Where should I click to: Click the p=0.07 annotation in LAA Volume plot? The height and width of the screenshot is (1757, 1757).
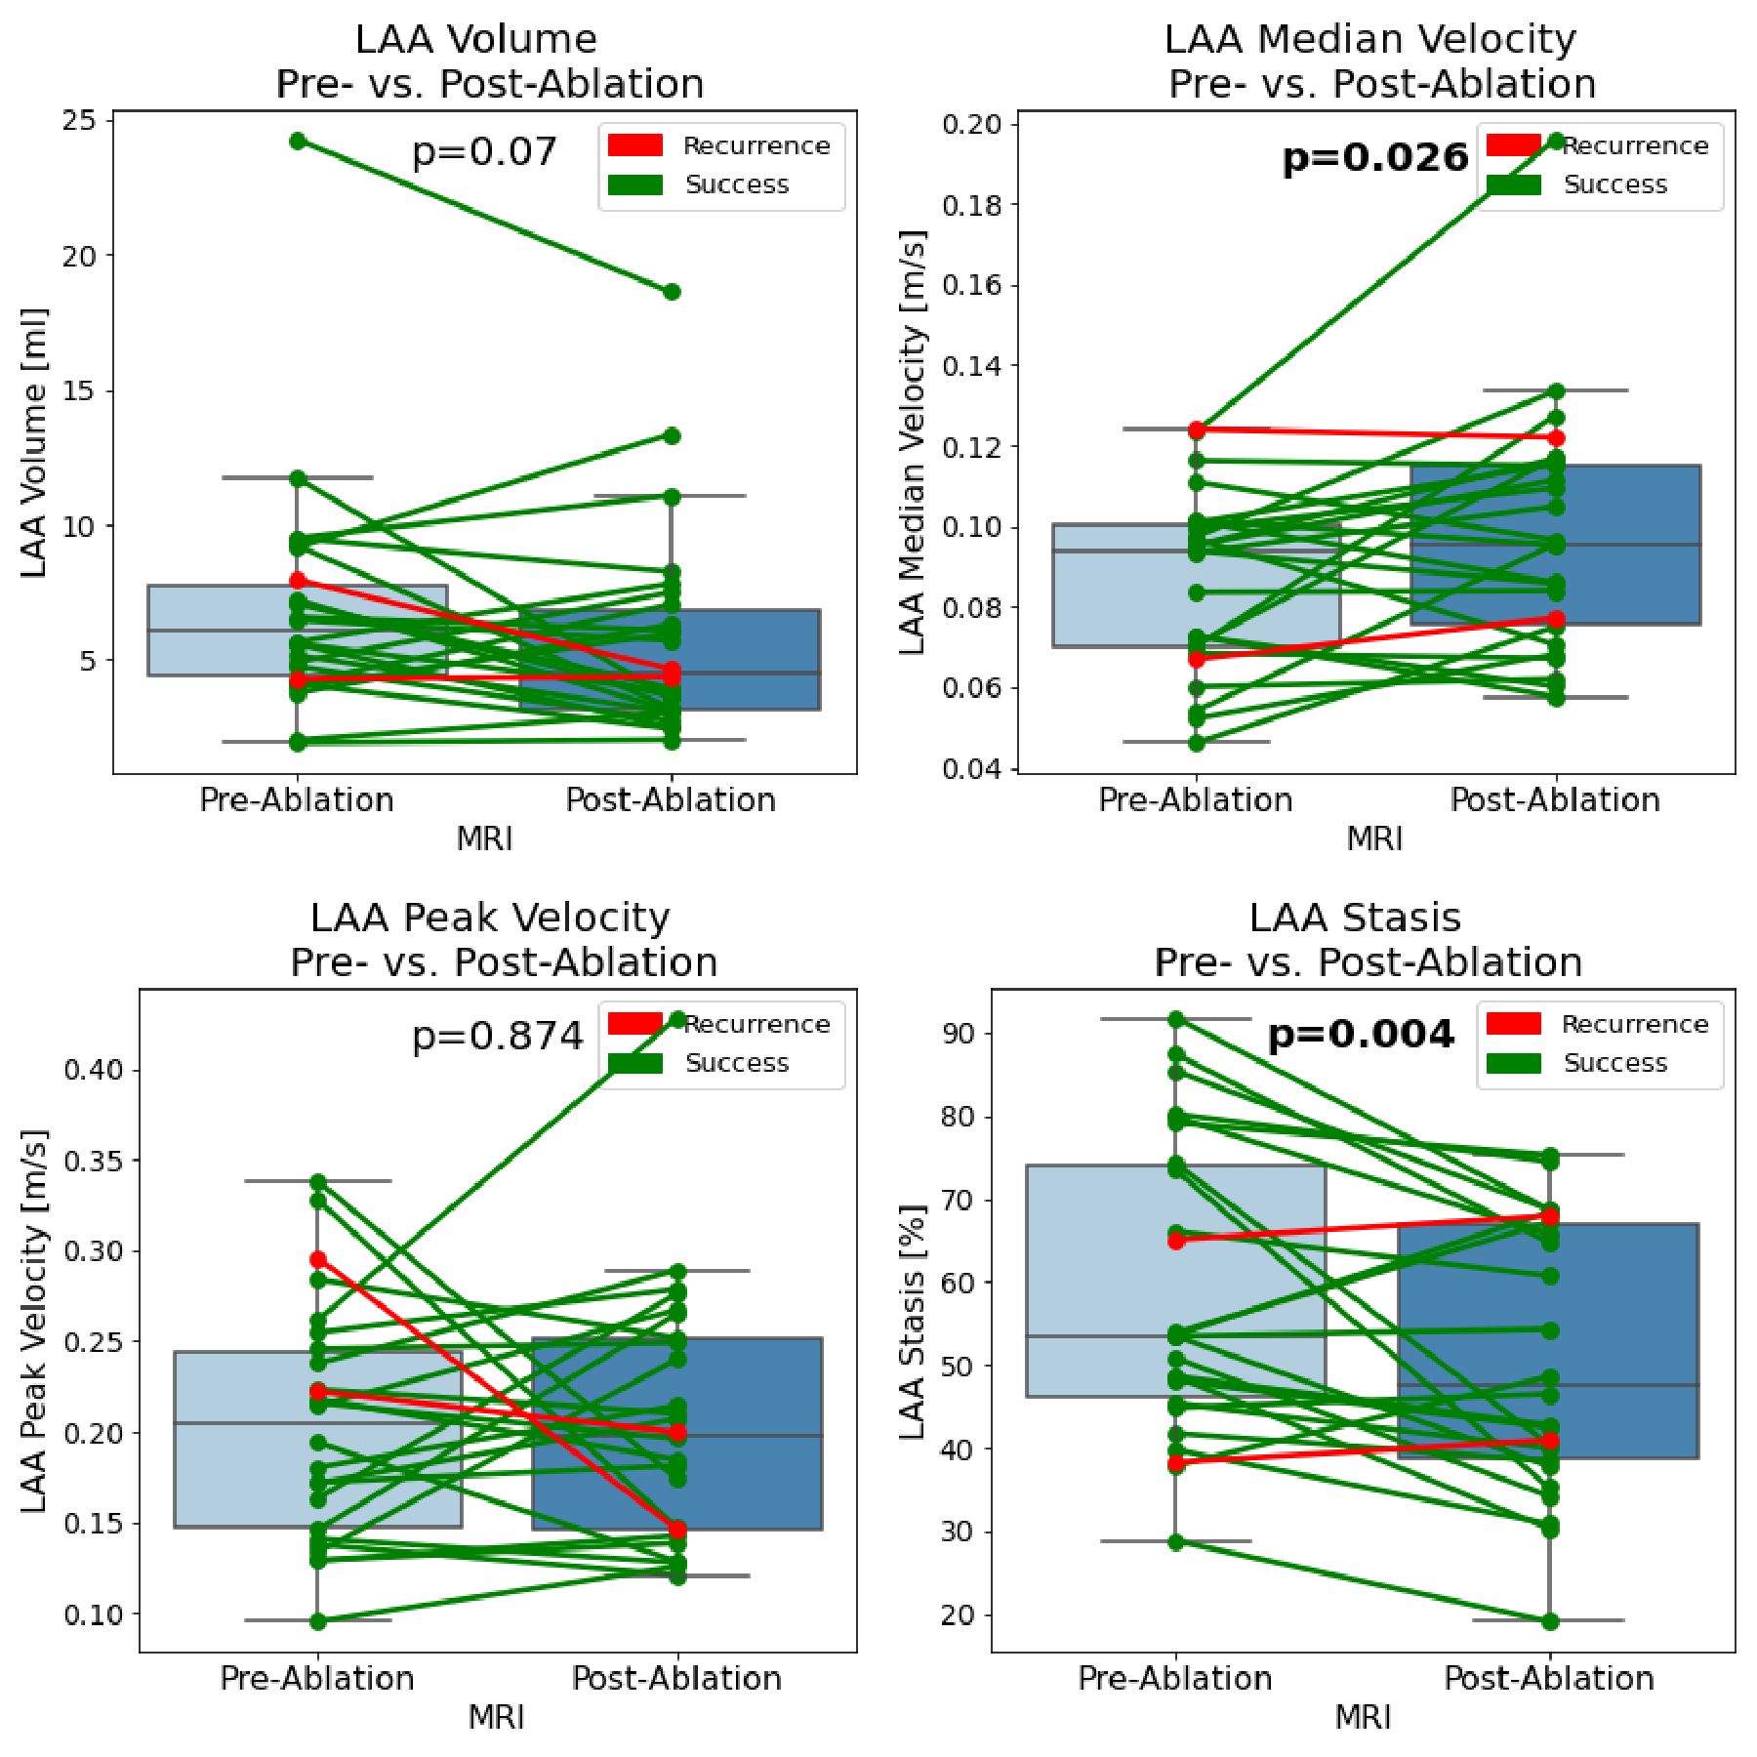click(x=484, y=152)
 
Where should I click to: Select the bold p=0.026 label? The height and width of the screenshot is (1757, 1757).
click(x=1374, y=157)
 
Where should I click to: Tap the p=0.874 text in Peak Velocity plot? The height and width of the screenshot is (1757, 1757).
click(x=498, y=1036)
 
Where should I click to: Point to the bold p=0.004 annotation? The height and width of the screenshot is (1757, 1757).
click(x=1361, y=1034)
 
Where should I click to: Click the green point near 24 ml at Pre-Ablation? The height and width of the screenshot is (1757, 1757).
click(x=298, y=142)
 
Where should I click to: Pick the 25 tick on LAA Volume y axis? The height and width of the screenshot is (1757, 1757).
click(x=80, y=121)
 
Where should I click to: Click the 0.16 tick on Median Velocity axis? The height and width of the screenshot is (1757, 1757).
click(x=972, y=285)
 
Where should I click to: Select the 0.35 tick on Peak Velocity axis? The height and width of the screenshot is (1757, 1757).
click(x=94, y=1161)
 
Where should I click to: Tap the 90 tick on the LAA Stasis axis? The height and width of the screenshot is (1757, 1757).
click(x=959, y=1034)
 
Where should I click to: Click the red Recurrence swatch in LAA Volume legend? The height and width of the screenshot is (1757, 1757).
click(x=635, y=145)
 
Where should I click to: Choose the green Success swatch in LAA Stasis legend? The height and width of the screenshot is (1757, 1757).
click(x=1514, y=1063)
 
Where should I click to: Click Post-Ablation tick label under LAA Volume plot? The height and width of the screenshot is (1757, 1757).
click(x=671, y=800)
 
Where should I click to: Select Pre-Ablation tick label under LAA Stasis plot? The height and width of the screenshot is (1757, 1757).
click(x=1175, y=1679)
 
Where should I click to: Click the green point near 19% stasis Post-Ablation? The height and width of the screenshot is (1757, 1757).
click(x=1550, y=1621)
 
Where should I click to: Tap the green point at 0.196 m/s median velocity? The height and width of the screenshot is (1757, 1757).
click(x=1556, y=141)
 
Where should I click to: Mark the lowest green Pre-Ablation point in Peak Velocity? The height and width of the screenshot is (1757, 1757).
click(x=318, y=1620)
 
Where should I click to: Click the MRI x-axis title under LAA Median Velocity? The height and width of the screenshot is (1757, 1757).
click(x=1374, y=838)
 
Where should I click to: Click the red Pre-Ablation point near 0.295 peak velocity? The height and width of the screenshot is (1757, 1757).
click(x=318, y=1260)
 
